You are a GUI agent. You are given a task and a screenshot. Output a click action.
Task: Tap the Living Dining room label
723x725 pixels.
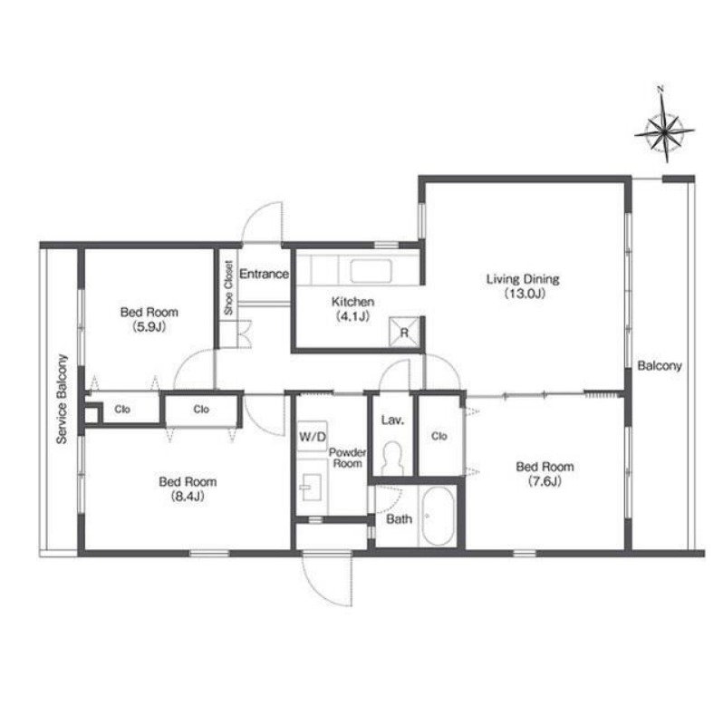point(523,279)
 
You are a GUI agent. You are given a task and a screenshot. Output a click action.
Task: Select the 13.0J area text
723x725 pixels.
point(525,293)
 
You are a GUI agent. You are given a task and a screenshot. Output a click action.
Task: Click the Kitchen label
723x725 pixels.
point(352,302)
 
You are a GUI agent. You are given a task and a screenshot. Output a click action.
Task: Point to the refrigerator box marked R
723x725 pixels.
point(404,332)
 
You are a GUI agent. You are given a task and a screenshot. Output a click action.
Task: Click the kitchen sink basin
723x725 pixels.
point(371,270)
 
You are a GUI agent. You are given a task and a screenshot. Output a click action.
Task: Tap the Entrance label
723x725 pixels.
point(264,274)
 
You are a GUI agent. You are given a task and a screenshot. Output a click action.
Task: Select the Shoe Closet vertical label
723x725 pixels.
point(228,287)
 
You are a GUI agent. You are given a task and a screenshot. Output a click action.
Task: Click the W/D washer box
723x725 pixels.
point(313,436)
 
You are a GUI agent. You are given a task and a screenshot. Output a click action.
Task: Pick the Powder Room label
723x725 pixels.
point(348,458)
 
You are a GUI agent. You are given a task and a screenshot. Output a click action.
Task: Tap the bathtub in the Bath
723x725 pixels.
point(438,516)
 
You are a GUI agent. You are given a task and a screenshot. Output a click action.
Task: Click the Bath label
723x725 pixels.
point(399,518)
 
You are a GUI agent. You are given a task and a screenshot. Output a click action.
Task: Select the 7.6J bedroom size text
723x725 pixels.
point(545,481)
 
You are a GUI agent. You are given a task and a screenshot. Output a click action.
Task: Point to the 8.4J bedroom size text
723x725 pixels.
point(188,496)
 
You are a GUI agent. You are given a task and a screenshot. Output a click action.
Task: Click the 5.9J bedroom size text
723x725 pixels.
point(149,327)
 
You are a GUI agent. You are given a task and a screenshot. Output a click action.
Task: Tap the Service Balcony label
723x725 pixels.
point(62,399)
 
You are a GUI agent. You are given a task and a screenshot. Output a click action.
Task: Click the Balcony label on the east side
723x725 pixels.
point(660,366)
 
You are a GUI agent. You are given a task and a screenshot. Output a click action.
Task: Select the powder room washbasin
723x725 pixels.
point(311,487)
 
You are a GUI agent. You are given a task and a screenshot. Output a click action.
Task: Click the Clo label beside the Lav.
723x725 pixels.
point(439,436)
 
